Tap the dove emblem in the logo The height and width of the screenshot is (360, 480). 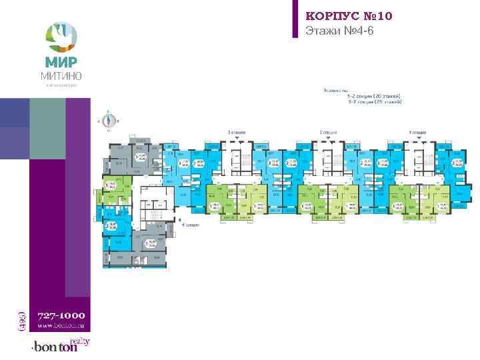click(x=61, y=35)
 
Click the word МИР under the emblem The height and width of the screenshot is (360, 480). click(x=61, y=62)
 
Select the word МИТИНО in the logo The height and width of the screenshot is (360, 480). click(x=61, y=75)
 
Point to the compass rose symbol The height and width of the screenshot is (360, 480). click(x=108, y=121)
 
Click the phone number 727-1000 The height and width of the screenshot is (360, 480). click(x=60, y=314)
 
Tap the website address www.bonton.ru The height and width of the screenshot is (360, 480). click(x=60, y=325)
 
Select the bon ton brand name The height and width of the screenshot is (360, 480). click(x=52, y=347)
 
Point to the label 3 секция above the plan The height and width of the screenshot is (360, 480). click(x=236, y=133)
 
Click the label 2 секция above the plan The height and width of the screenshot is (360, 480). click(x=327, y=133)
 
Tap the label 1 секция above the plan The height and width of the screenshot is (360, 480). click(x=417, y=133)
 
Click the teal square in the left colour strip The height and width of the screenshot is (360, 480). click(x=15, y=112)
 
